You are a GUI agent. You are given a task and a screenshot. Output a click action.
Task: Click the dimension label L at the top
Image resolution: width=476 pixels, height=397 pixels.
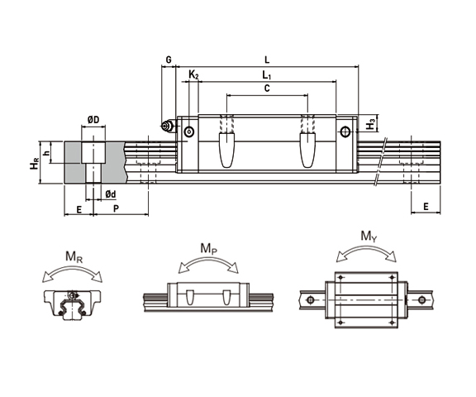[x=265, y=60]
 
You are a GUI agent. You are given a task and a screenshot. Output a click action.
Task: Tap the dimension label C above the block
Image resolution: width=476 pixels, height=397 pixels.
[x=266, y=88]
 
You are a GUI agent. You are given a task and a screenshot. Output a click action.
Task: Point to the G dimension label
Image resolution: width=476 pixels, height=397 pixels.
[x=168, y=60]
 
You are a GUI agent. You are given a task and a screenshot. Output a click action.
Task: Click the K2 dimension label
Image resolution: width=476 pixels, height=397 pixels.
[x=193, y=75]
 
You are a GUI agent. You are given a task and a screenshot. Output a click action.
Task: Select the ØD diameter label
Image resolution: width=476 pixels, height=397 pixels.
[x=93, y=121]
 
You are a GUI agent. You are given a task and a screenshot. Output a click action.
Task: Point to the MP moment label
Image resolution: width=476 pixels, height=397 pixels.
[x=209, y=247]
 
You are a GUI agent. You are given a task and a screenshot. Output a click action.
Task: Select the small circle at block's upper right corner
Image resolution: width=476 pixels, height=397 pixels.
[x=345, y=131]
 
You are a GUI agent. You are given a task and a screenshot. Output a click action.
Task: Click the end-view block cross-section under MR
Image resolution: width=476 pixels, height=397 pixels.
[x=73, y=304]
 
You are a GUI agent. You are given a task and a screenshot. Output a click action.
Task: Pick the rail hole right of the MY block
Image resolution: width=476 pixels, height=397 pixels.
[x=423, y=299]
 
